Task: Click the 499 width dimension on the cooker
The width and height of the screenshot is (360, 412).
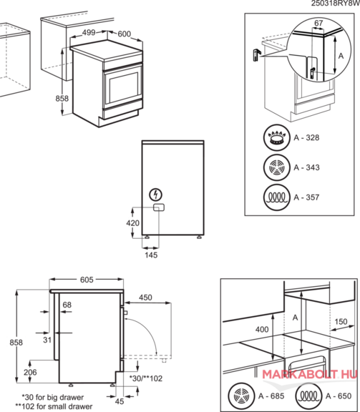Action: [89, 33]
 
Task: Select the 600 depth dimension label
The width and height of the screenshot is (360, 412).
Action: [124, 34]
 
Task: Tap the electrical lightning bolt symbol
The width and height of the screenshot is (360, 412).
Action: [156, 195]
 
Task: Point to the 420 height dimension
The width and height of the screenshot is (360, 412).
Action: [132, 223]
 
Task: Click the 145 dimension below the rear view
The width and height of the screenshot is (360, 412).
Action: [151, 255]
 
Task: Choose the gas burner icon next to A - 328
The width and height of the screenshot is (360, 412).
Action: [277, 137]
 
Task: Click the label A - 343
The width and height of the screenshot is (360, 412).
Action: [306, 167]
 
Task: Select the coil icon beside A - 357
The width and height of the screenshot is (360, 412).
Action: [277, 197]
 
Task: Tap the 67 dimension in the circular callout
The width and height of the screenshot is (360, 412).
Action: [318, 23]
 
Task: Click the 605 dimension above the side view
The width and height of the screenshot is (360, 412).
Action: [87, 280]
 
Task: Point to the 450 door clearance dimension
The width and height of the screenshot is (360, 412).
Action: [145, 298]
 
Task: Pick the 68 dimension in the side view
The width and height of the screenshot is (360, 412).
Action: [67, 305]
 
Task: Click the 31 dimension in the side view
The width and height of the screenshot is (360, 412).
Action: [47, 340]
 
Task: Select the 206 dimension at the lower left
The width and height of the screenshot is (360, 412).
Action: [30, 373]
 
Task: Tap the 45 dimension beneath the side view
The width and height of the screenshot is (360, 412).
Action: [120, 401]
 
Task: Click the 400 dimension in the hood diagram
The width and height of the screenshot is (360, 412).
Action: [262, 330]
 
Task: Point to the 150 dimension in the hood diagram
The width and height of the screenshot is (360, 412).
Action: [341, 322]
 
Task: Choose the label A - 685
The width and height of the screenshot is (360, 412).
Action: [271, 396]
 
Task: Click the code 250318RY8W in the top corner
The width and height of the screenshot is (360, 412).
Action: [336, 4]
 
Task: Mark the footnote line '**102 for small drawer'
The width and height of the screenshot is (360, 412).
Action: [54, 406]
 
